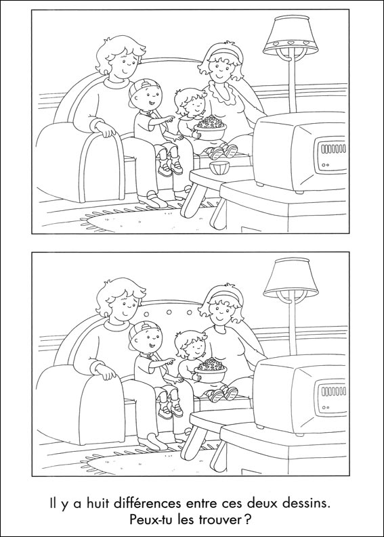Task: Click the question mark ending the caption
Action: [248, 519]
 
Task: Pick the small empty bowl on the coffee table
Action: [219, 168]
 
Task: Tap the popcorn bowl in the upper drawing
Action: [210, 127]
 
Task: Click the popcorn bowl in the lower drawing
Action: [210, 370]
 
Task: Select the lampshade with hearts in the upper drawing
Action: [291, 35]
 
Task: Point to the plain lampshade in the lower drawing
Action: [291, 278]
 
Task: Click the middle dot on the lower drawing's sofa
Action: [169, 312]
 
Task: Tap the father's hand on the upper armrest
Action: [105, 129]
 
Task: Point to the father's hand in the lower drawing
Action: [105, 372]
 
